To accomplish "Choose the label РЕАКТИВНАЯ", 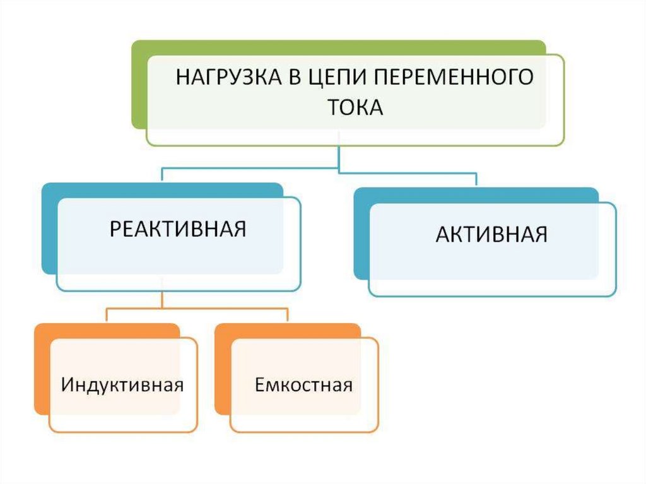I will coord(178,228).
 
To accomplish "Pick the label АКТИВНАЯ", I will coord(491,234).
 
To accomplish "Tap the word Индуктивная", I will coord(122,384).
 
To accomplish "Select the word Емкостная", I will coord(303,384).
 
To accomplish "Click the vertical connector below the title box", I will coord(339,158).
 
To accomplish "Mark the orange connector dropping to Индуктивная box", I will coord(106,316).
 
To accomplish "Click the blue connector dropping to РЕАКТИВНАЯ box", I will coord(163,175).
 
